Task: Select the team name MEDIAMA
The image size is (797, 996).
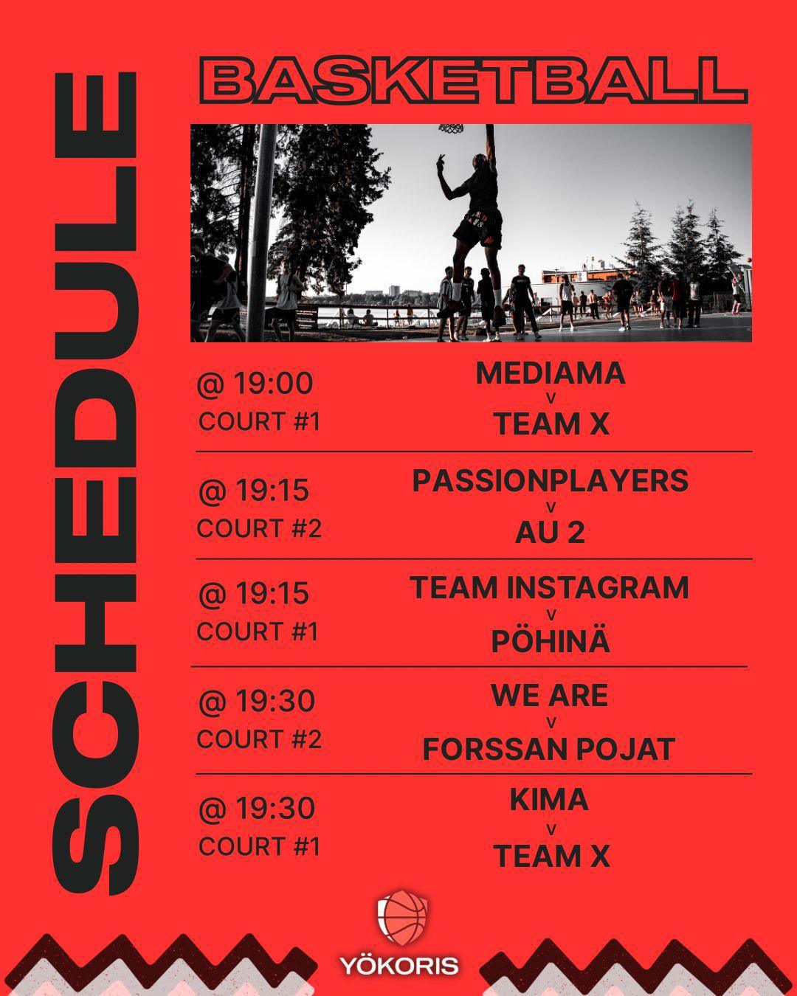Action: tap(551, 373)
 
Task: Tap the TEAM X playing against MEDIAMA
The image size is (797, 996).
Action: tap(551, 424)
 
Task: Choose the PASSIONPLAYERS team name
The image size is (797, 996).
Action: tap(551, 481)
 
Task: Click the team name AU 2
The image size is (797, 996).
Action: tap(551, 532)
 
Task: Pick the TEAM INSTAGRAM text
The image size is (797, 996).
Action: tap(550, 588)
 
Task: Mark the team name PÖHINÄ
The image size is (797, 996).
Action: tap(551, 640)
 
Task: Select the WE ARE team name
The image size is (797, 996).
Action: tap(550, 696)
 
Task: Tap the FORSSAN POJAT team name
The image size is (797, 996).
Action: tap(549, 749)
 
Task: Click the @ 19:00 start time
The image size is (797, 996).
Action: tap(255, 384)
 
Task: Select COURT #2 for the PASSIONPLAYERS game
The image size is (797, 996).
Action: tap(259, 529)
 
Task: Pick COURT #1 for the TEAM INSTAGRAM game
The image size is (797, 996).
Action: tap(258, 632)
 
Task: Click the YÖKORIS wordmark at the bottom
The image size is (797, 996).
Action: tap(399, 965)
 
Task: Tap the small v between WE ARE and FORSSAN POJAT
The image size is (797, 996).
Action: tap(551, 722)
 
